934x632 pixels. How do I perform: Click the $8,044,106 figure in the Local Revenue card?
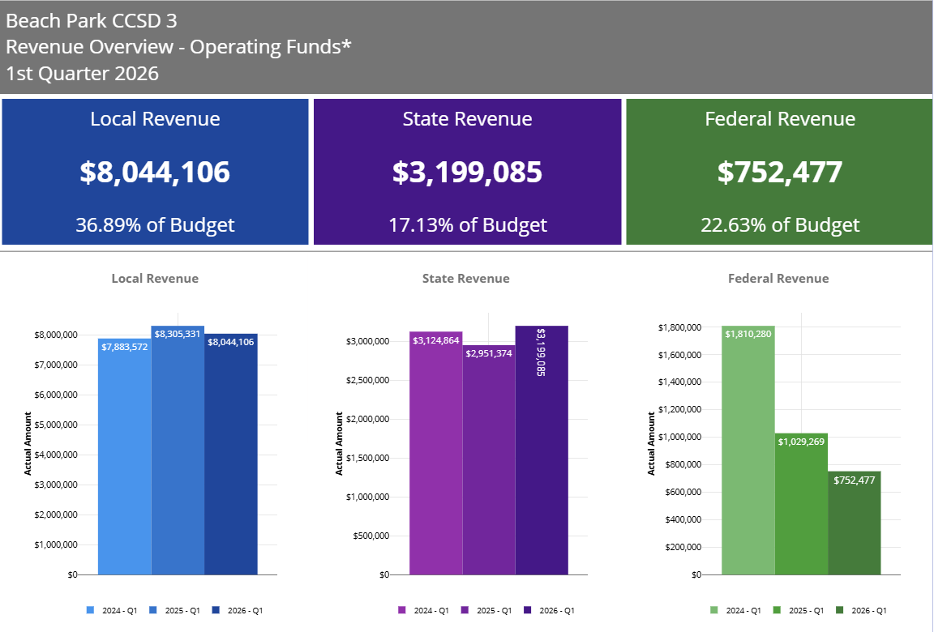click(x=155, y=173)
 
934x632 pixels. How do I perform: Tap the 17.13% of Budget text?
click(x=467, y=224)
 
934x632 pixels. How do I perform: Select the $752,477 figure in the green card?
click(x=779, y=173)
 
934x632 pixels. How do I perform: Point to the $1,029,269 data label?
click(x=801, y=442)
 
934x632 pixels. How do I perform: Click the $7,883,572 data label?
click(x=125, y=346)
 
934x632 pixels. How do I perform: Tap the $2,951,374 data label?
click(x=488, y=353)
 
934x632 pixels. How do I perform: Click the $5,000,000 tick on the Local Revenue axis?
click(x=56, y=425)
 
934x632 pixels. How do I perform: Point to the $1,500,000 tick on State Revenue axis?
click(x=368, y=458)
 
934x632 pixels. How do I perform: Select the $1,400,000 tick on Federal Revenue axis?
click(x=679, y=382)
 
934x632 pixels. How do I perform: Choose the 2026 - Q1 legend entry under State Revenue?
click(x=551, y=610)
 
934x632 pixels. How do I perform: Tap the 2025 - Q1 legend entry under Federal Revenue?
click(x=801, y=610)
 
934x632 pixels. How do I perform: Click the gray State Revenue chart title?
click(x=466, y=279)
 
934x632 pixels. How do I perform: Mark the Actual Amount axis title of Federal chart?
click(x=652, y=443)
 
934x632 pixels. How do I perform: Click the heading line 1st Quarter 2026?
click(x=82, y=74)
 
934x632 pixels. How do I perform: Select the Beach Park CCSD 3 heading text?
click(x=92, y=21)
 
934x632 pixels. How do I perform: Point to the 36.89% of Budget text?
click(x=155, y=224)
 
